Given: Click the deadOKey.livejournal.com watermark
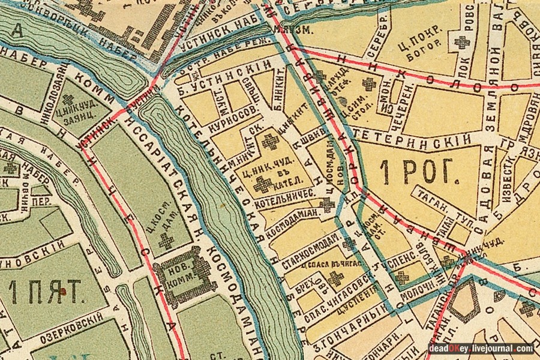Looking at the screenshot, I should (481, 349).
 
